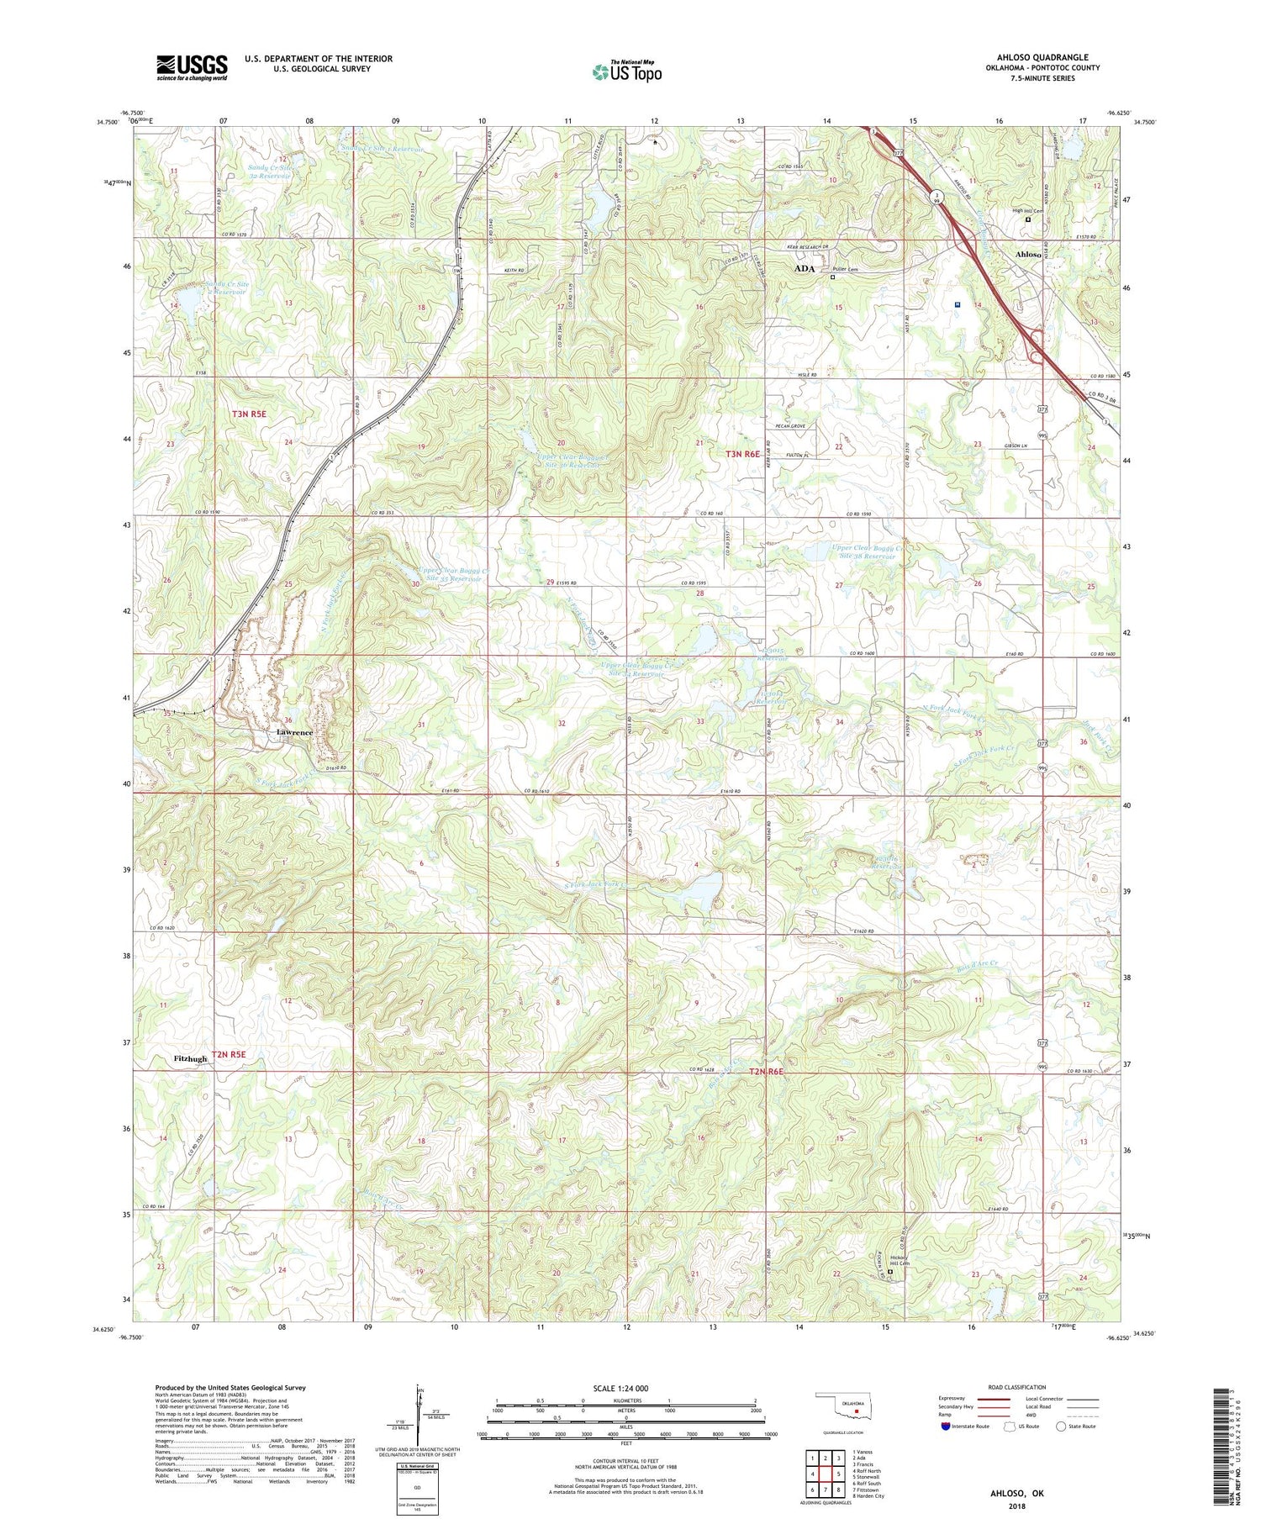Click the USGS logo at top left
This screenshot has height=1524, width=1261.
pyautogui.click(x=192, y=67)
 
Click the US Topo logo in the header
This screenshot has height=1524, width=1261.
pyautogui.click(x=627, y=71)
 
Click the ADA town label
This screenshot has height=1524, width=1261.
pyautogui.click(x=805, y=268)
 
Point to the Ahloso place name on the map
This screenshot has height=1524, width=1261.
pyautogui.click(x=1027, y=254)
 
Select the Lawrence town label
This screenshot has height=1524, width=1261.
pyautogui.click(x=294, y=732)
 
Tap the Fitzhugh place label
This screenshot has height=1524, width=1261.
pyautogui.click(x=190, y=1058)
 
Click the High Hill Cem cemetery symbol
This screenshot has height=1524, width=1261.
pyautogui.click(x=1027, y=220)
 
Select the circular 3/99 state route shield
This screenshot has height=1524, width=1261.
pyautogui.click(x=938, y=197)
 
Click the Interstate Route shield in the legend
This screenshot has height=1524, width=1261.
pyautogui.click(x=946, y=1426)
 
